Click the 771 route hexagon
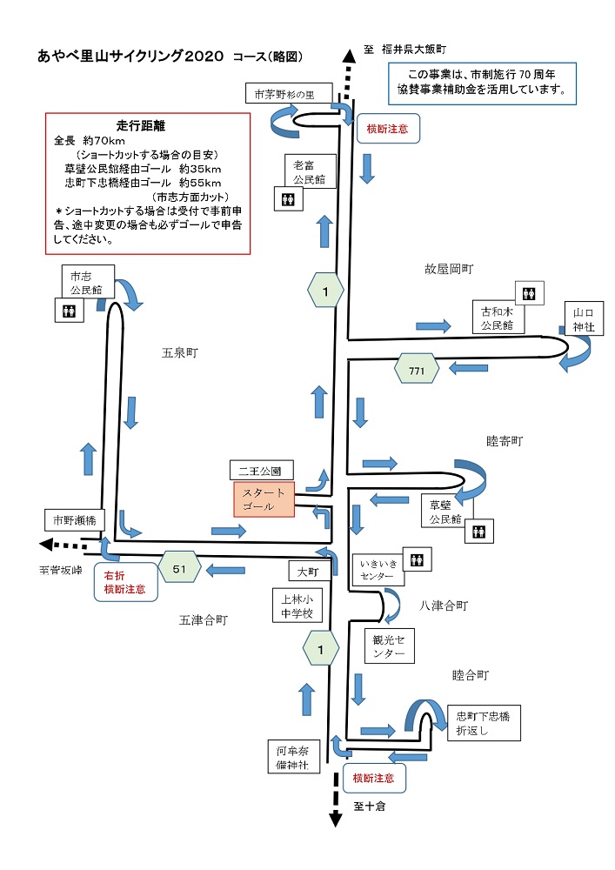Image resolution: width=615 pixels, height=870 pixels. [x=416, y=369]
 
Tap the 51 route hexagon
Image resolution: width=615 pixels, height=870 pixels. [x=180, y=569]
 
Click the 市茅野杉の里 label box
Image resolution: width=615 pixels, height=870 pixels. [x=284, y=94]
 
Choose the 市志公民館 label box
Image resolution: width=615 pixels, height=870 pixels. [x=81, y=281]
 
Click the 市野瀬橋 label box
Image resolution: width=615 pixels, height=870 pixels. [x=75, y=519]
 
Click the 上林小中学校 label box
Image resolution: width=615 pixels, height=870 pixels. [x=297, y=606]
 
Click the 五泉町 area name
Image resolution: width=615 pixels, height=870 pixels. [x=179, y=353]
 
